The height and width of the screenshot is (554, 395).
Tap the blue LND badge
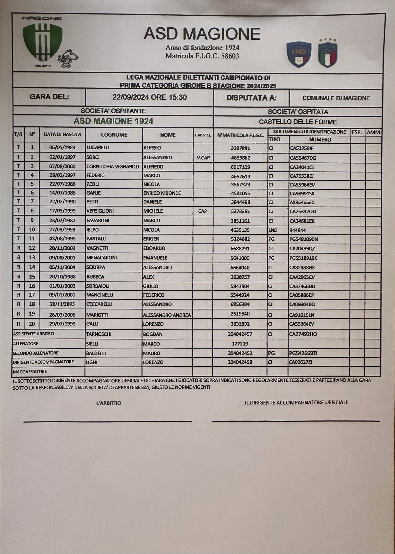click(299, 54)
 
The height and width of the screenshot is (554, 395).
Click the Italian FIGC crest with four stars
click(328, 53)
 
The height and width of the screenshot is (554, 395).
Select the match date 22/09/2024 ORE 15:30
click(150, 97)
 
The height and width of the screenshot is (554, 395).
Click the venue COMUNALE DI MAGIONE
click(336, 98)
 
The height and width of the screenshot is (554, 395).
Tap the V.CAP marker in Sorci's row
click(203, 157)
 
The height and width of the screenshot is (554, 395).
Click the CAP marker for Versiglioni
click(203, 211)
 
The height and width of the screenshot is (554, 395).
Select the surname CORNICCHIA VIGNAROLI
click(113, 167)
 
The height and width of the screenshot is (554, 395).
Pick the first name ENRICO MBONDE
click(162, 193)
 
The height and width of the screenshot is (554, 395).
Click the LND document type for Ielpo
click(273, 230)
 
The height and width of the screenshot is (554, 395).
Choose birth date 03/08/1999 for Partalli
click(62, 239)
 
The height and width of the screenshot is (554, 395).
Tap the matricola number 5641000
click(240, 258)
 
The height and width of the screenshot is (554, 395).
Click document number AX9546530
click(302, 202)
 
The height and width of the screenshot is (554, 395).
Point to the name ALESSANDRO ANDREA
click(167, 315)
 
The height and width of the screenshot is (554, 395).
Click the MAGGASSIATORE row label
click(30, 372)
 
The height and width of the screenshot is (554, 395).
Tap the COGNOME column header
click(114, 135)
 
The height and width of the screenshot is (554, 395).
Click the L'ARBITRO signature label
click(108, 403)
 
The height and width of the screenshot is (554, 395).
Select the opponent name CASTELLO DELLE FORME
click(298, 122)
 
